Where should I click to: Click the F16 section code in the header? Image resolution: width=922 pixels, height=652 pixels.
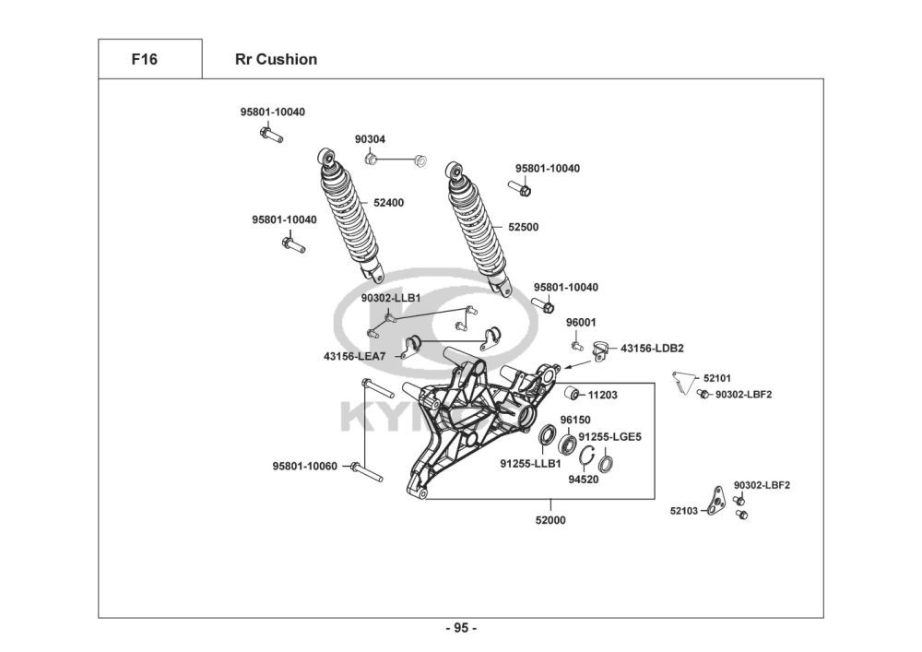144,60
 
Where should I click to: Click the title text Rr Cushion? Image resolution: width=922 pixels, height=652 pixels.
276,60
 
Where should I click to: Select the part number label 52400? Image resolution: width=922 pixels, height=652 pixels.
388,202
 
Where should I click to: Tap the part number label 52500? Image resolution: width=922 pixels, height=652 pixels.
523,226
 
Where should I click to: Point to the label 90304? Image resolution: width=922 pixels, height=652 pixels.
370,139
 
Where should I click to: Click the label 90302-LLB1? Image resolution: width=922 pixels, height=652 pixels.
390,298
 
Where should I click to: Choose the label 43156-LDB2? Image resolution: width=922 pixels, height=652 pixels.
652,349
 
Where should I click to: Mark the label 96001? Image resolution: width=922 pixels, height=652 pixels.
581,323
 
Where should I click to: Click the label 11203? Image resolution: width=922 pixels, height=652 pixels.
602,395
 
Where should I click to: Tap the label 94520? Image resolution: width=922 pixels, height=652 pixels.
583,480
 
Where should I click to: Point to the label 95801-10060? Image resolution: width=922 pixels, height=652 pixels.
304,467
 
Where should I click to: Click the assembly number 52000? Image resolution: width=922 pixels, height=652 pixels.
550,520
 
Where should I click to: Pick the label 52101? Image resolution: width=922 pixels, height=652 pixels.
716,378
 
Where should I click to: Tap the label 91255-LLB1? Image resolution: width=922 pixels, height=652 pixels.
530,463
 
